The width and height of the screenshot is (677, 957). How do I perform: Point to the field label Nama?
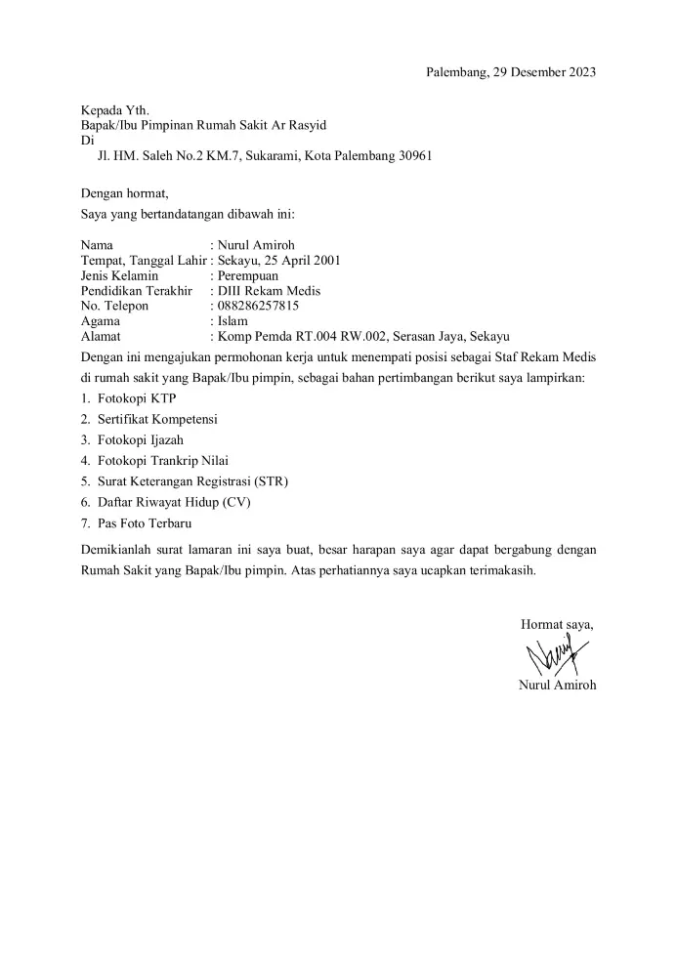pyautogui.click(x=97, y=245)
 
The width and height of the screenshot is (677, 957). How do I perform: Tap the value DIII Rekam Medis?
pyautogui.click(x=270, y=291)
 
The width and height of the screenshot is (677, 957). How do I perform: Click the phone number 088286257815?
pyautogui.click(x=258, y=306)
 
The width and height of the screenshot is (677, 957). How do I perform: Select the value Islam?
pyautogui.click(x=233, y=320)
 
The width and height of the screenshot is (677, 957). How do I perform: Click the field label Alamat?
pyautogui.click(x=101, y=335)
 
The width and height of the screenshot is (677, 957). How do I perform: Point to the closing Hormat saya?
pyautogui.click(x=557, y=624)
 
